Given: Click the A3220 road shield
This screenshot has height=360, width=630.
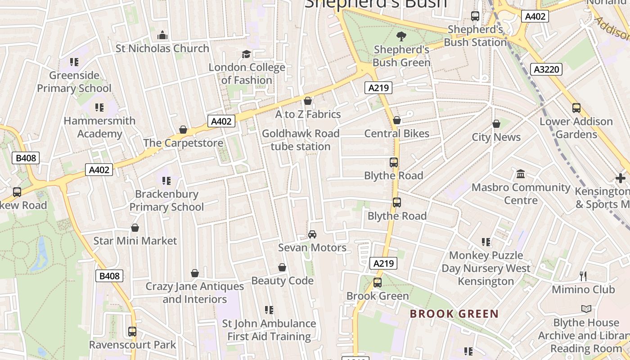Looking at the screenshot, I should (x=547, y=69).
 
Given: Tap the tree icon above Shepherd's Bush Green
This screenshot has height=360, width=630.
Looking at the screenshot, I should (x=401, y=36).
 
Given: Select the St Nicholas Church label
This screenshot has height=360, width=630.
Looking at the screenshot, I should (x=162, y=48).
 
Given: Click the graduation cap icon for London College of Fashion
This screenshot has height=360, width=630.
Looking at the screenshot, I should (x=246, y=54).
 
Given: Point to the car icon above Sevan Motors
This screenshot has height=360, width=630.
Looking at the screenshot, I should (x=312, y=234).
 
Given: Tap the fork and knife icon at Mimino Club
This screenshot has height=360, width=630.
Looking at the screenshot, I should (x=583, y=276).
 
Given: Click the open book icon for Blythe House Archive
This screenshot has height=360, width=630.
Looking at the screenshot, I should (x=586, y=309).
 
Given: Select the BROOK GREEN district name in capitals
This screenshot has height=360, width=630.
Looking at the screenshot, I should (x=454, y=314).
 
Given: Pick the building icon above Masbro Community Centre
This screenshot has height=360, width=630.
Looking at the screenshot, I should (x=521, y=174).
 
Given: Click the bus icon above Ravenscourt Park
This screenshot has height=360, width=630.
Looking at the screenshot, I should (x=132, y=332).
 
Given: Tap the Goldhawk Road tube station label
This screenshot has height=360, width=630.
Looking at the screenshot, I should (x=301, y=140).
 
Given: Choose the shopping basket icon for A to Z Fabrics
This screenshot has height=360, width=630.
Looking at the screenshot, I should (x=308, y=101).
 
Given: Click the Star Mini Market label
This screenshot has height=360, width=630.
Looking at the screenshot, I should (x=135, y=241).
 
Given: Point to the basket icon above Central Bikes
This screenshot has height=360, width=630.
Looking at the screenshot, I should (x=397, y=120).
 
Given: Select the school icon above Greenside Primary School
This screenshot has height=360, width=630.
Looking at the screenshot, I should (x=74, y=62).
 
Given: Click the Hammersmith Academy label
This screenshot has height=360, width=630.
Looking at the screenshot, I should (x=99, y=127).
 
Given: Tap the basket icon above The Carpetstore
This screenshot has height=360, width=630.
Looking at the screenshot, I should (x=183, y=130).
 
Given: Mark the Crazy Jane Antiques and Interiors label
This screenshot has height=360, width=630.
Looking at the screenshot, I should (x=195, y=292).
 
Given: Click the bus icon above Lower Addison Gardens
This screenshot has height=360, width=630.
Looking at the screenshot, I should (x=576, y=108).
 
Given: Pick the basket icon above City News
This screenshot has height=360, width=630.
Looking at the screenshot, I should (x=496, y=124).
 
